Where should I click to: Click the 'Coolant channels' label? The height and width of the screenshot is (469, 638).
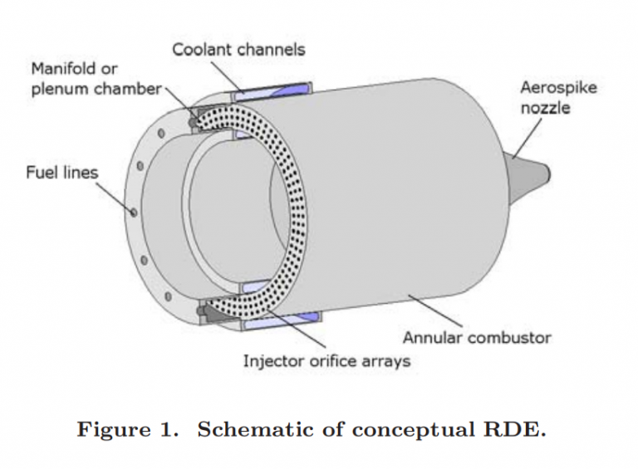click(238, 49)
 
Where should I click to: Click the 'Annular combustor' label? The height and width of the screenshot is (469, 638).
click(476, 338)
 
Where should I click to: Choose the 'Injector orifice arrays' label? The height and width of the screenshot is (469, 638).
click(326, 361)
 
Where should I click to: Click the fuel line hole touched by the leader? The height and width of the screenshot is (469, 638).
click(133, 213)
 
